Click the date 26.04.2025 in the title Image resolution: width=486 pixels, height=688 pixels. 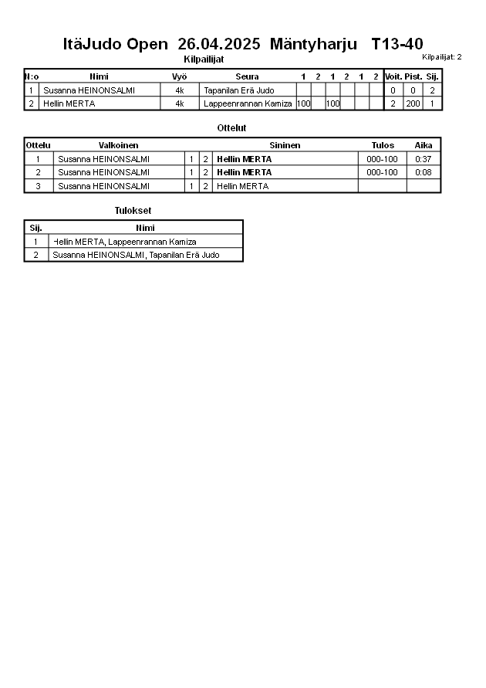219,44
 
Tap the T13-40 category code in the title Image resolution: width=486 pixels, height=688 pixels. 397,44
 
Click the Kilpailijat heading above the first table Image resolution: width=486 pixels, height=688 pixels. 204,59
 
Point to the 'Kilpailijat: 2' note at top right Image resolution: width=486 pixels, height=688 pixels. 441,57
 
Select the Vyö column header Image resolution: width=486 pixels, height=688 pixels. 179,76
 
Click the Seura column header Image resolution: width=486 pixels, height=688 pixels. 247,76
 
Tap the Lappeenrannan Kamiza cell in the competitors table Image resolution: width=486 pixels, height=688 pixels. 248,103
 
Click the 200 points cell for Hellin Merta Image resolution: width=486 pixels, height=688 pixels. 413,103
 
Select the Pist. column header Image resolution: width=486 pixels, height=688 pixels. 413,76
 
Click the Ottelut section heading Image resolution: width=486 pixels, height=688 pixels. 232,128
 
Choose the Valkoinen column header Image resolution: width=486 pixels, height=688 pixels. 118,145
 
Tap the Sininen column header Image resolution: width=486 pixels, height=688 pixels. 285,145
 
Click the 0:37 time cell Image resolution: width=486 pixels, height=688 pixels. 423,159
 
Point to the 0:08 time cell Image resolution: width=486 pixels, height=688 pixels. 423,172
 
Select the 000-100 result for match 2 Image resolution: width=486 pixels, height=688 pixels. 382,172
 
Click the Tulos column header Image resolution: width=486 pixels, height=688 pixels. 382,145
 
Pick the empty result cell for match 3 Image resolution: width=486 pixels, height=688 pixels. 382,186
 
